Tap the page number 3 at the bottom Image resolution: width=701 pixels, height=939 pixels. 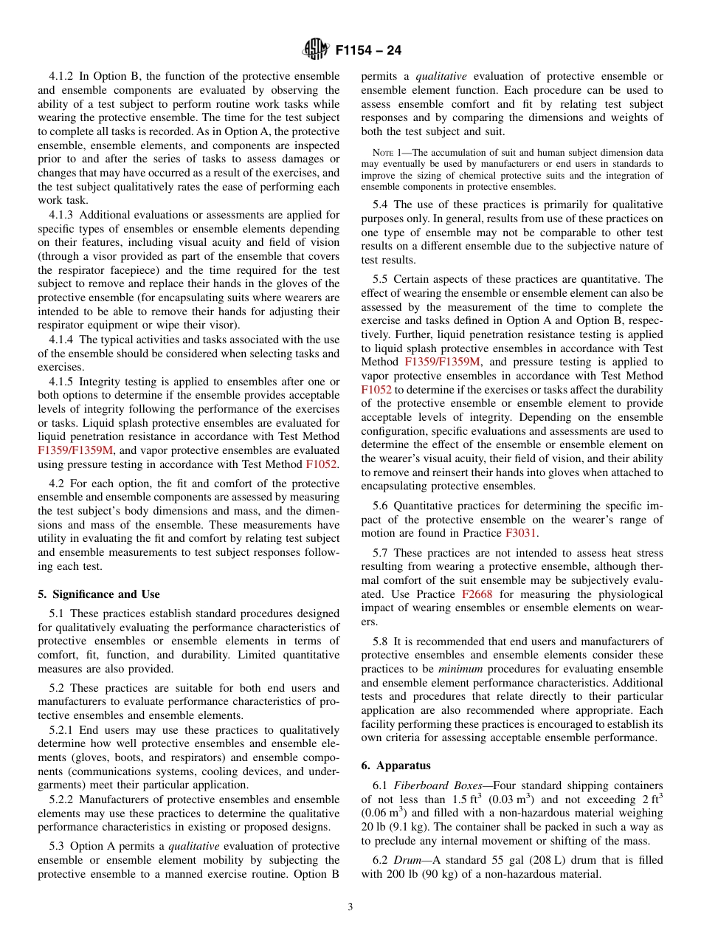pyautogui.click(x=350, y=907)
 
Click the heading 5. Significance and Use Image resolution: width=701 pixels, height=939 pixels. pyautogui.click(x=98, y=594)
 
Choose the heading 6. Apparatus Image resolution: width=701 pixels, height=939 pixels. pyautogui.click(x=396, y=766)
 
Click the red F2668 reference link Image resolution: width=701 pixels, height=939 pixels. pyautogui.click(x=477, y=594)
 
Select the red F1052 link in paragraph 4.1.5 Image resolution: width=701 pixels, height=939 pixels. pyautogui.click(x=321, y=464)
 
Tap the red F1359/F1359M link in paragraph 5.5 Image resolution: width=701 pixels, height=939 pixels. pyautogui.click(x=442, y=362)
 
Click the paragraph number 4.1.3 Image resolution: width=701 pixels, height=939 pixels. pyautogui.click(x=62, y=215)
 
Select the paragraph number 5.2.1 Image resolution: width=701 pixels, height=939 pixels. pyautogui.click(x=63, y=730)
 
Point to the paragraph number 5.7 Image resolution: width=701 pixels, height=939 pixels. pyautogui.click(x=381, y=552)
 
